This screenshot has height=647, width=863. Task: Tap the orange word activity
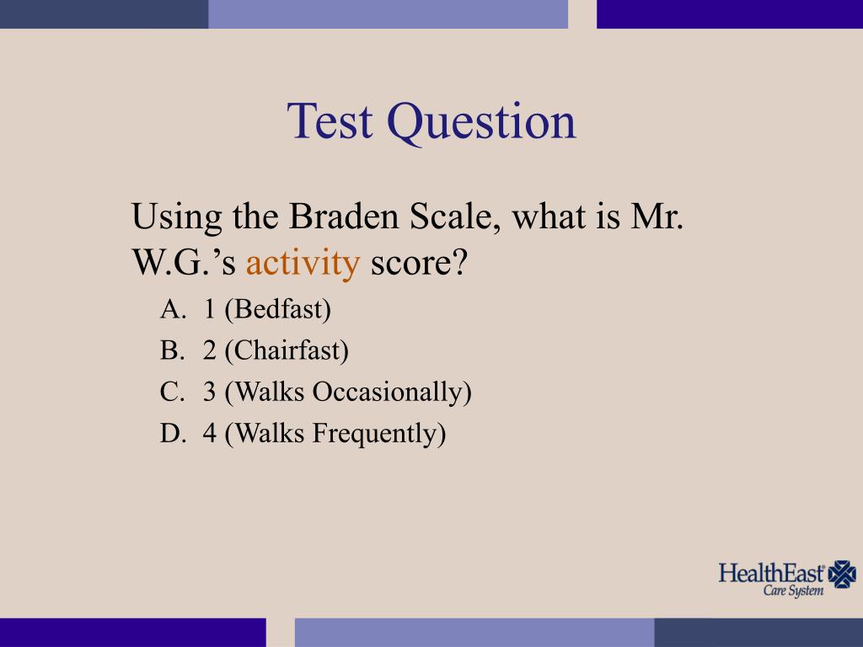coord(303,264)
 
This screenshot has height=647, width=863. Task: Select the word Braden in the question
coord(345,218)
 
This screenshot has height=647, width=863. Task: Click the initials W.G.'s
coord(185,264)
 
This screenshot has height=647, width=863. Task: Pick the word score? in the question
coord(419,264)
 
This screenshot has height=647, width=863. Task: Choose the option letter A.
coord(171,310)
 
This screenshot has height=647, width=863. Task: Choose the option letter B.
coord(171,350)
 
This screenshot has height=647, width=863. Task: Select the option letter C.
coord(171,392)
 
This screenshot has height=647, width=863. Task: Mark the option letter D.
coord(171,433)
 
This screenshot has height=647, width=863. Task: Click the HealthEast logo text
coord(771,574)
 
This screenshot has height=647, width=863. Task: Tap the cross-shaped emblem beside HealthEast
coord(842,575)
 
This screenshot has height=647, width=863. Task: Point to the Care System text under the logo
coord(793,591)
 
